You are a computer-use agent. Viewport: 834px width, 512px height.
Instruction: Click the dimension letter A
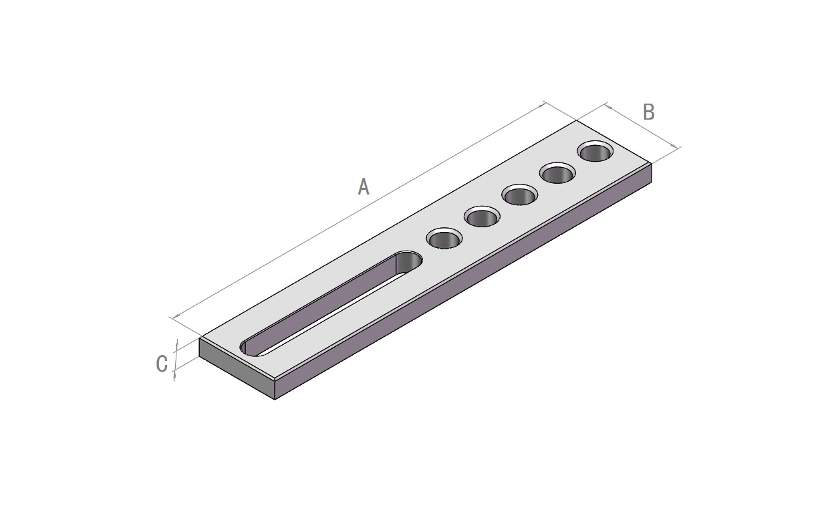364,186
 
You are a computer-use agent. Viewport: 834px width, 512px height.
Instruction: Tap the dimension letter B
649,112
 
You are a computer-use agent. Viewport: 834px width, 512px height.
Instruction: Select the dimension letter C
162,364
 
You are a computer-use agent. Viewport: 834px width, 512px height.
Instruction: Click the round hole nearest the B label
595,151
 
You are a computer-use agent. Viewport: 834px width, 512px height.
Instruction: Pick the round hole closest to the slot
444,239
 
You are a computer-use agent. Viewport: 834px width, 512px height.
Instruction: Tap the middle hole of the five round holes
520,195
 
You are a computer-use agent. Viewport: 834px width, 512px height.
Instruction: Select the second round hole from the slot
482,217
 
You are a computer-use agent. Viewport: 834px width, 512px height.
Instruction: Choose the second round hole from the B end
557,172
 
